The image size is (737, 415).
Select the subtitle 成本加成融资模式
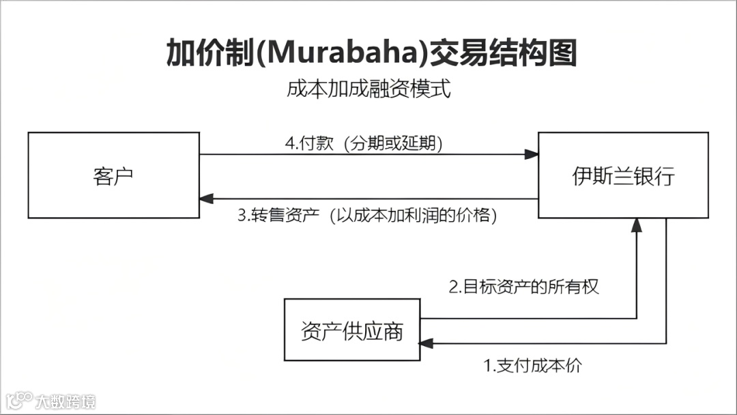pos(369,89)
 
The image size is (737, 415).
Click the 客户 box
pos(113,175)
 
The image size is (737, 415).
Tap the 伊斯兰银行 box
pos(623,175)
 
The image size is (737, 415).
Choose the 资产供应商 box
pos(351,330)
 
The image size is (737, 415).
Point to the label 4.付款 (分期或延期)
pos(364,144)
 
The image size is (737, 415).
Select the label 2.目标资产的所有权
pos(523,287)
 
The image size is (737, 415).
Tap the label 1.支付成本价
pos(533,365)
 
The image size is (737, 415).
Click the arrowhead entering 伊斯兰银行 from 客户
pos(532,155)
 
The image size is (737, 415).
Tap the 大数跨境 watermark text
pos(66,400)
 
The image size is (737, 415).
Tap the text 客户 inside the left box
pos(113,175)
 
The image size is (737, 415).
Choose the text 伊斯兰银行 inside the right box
pos(623,175)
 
